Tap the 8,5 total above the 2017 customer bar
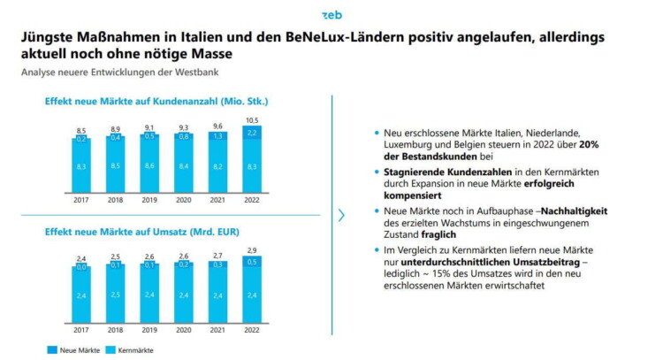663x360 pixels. pos(80,130)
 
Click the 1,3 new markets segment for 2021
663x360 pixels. pos(217,135)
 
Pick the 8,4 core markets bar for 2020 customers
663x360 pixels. pos(182,165)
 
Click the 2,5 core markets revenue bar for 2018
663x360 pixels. pos(114,294)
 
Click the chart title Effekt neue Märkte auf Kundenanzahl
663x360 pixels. pos(156,102)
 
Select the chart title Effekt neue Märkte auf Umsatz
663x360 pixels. pos(140,234)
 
